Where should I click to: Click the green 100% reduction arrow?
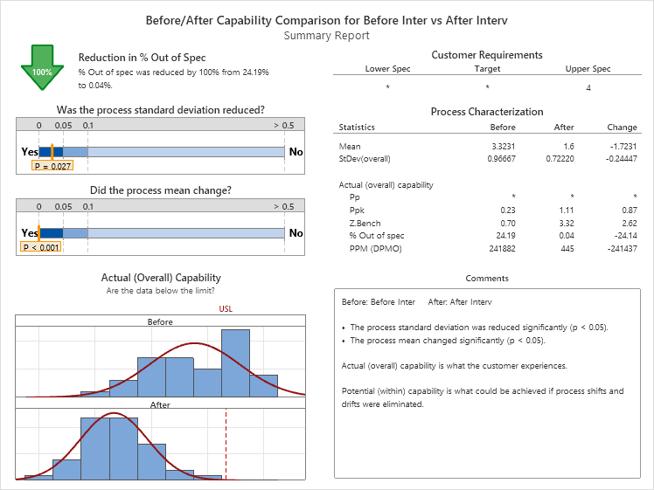tap(41, 68)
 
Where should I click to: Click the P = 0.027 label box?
tap(52, 165)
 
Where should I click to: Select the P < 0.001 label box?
tap(41, 247)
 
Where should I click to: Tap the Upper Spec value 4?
tap(588, 87)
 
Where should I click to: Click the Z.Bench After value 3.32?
tap(565, 224)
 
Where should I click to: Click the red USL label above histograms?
tap(226, 308)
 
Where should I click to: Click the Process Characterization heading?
tap(487, 112)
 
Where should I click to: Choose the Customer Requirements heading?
tap(487, 55)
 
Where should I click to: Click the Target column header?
tap(487, 69)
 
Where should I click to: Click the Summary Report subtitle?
tap(327, 36)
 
